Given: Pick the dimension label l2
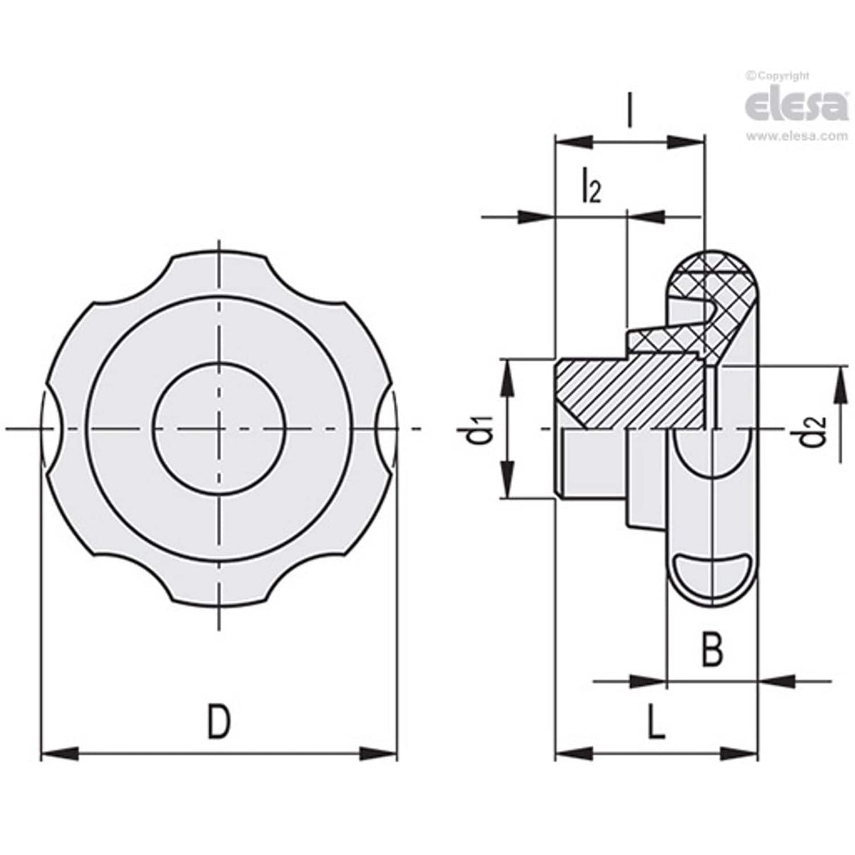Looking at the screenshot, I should (590, 188).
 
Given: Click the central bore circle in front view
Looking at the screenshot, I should (219, 428).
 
